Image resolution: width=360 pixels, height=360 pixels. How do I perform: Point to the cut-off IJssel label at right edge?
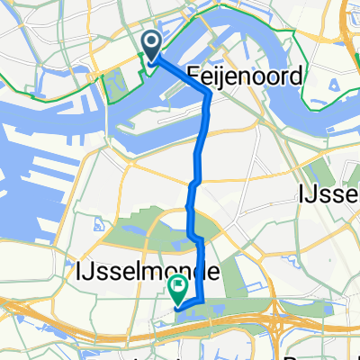(x=329, y=193)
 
